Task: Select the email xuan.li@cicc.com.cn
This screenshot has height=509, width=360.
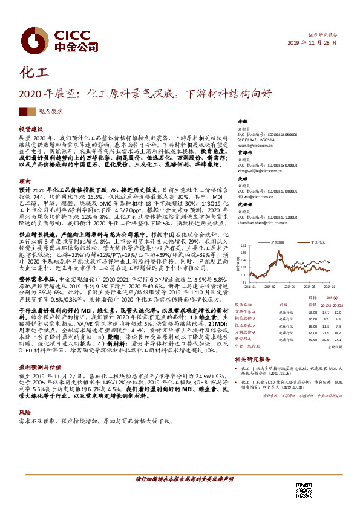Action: click(254, 146)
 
